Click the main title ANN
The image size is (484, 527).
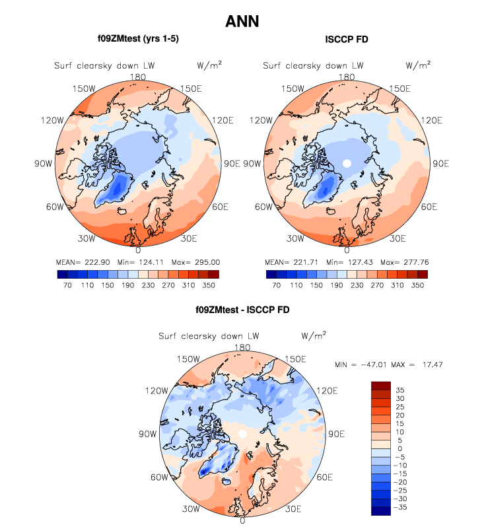tap(242, 22)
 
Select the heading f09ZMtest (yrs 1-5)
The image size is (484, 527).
tap(138, 40)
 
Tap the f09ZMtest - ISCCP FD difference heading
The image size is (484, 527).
tap(242, 309)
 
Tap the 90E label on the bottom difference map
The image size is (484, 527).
tap(337, 434)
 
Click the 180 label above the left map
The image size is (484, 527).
tap(138, 77)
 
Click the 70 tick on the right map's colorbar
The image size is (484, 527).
tap(277, 287)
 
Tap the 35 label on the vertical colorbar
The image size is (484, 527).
tap(401, 390)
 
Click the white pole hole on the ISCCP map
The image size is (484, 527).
tap(346, 163)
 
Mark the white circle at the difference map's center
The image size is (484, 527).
tap(242, 433)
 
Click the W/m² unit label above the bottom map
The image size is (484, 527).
tap(314, 335)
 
